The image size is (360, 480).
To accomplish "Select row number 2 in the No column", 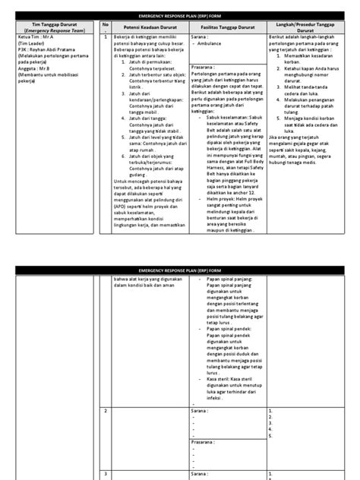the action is [106, 411].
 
